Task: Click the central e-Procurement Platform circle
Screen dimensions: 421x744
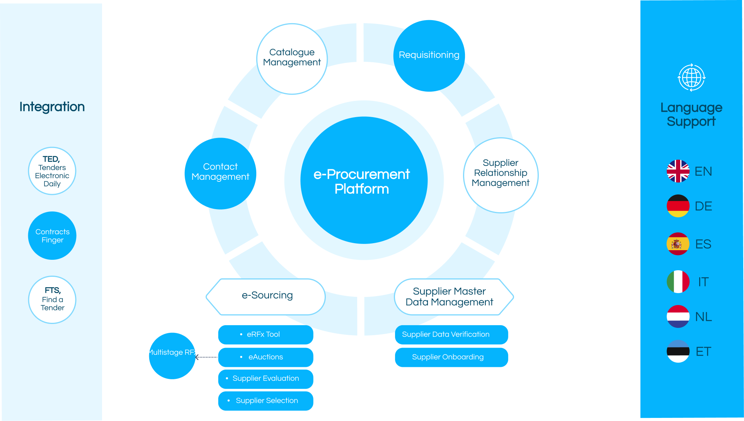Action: (364, 180)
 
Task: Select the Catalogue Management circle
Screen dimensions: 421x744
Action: (292, 59)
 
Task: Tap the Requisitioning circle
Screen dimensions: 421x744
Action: (429, 56)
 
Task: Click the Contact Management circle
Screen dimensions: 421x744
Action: (220, 173)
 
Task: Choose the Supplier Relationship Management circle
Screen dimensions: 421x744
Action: (501, 175)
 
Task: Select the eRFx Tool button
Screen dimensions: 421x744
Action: (266, 334)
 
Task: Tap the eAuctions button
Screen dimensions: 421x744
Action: (266, 357)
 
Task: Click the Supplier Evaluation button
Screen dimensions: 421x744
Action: (266, 379)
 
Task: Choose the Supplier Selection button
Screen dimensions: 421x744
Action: (266, 401)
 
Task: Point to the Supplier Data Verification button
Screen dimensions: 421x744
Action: (451, 334)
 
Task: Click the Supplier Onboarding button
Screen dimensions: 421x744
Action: (451, 357)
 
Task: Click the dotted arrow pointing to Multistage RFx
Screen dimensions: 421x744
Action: (207, 357)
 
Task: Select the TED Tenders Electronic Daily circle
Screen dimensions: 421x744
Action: (52, 171)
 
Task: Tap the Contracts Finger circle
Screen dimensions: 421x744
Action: (52, 235)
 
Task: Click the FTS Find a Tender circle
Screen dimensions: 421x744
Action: (52, 300)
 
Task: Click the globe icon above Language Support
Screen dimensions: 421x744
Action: (691, 77)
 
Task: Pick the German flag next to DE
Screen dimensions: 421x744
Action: (678, 206)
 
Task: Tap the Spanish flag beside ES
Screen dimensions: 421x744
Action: (678, 244)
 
